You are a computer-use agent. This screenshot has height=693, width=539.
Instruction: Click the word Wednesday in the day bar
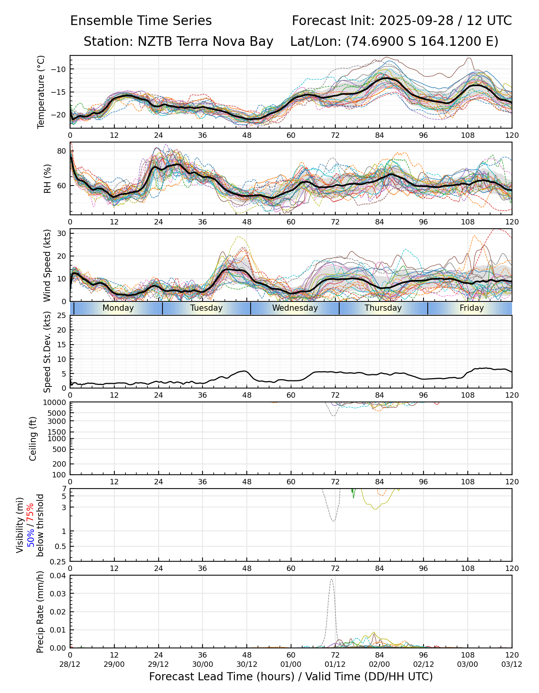(x=295, y=308)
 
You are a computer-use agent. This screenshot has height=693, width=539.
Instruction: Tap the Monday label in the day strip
(x=118, y=308)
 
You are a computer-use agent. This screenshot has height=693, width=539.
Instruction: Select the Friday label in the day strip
(x=472, y=308)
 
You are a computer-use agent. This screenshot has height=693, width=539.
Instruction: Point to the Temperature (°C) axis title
(x=41, y=92)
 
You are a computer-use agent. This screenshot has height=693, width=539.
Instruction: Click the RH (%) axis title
(x=47, y=179)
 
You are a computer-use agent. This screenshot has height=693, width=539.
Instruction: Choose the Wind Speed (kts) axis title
(x=47, y=265)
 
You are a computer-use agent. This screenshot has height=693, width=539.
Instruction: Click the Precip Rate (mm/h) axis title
(x=40, y=612)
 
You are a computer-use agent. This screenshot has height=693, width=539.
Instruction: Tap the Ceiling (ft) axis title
(x=33, y=439)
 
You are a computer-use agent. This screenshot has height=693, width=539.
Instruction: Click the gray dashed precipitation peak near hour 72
(x=331, y=580)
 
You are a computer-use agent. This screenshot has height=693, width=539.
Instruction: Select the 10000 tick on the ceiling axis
(x=57, y=403)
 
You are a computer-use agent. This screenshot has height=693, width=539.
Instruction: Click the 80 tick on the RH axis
(x=62, y=151)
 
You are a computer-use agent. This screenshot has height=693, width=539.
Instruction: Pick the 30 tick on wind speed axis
(x=62, y=233)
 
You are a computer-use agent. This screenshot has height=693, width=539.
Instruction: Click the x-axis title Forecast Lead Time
(x=291, y=676)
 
